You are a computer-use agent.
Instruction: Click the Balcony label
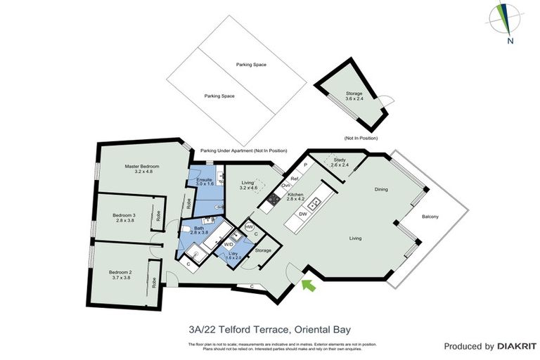430,217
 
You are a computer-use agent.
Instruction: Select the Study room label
339,162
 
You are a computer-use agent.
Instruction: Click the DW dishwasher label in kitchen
302,213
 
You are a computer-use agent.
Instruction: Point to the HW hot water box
249,227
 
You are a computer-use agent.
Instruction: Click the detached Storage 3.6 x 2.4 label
354,96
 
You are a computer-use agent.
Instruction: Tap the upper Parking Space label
252,64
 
